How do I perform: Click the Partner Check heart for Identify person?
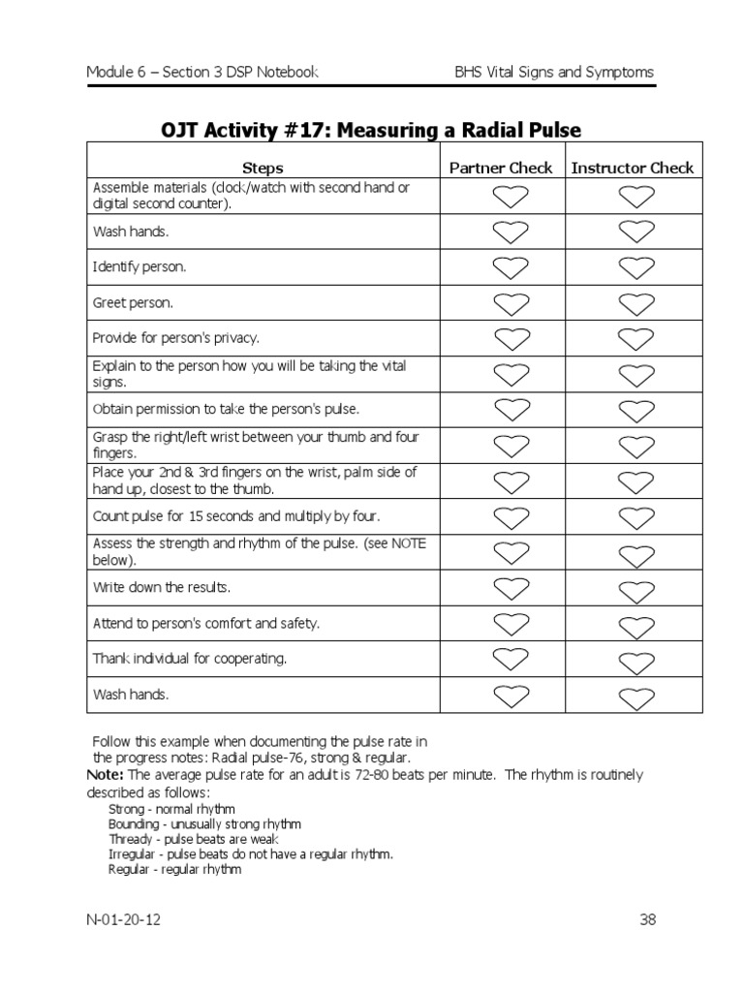tap(511, 267)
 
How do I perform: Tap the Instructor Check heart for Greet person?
tap(635, 304)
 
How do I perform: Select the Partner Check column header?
tap(501, 168)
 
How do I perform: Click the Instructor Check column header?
tap(633, 168)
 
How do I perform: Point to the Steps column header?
tap(263, 169)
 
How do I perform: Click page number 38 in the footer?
tap(648, 919)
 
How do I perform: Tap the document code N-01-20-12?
tap(123, 919)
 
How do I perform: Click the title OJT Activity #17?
tap(371, 130)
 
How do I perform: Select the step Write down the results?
tap(162, 588)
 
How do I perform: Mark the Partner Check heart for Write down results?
tap(511, 587)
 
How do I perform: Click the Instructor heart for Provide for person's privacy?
tap(635, 339)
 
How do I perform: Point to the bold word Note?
tap(105, 775)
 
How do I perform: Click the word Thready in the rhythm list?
tap(131, 839)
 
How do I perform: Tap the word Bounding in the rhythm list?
tap(135, 823)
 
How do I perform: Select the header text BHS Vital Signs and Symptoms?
tap(554, 73)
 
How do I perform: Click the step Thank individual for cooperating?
tap(190, 659)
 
